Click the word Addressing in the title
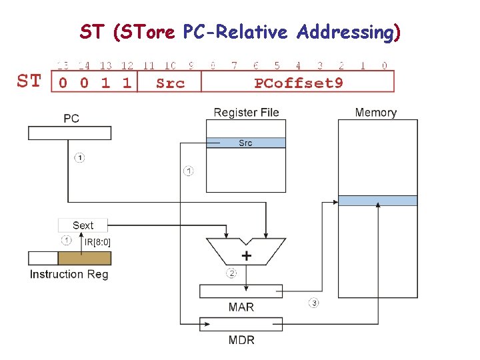click(345, 31)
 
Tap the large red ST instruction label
click(29, 82)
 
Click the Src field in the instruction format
click(169, 83)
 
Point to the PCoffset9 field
click(297, 83)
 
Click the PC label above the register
click(71, 119)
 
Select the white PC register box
click(69, 133)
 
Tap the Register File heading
click(246, 113)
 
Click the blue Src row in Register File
click(245, 143)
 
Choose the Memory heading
click(375, 113)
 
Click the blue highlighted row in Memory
click(377, 200)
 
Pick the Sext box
click(83, 225)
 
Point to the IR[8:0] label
click(97, 241)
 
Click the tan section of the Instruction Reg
click(84, 258)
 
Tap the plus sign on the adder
click(247, 255)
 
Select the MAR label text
click(241, 307)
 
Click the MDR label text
click(241, 340)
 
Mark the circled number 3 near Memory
click(313, 303)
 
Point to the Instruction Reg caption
click(69, 274)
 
